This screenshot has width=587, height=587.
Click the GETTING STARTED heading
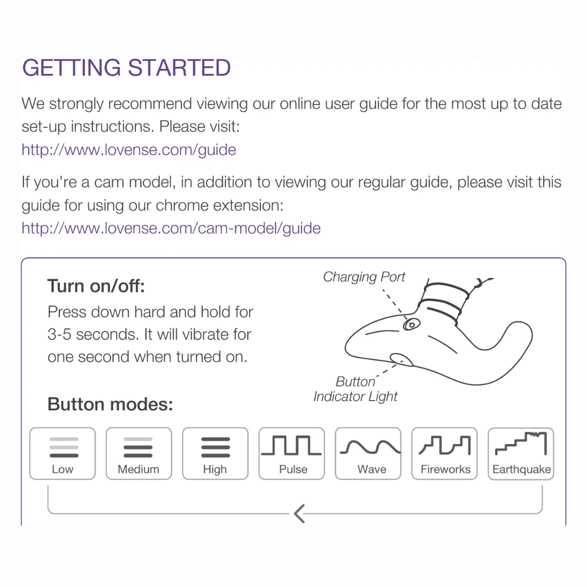pos(126,68)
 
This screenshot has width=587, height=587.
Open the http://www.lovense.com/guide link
pos(129,150)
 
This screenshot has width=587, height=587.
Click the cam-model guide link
pos(171,228)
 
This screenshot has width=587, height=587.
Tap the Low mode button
pos(63,453)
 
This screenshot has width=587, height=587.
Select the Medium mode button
pos(139,453)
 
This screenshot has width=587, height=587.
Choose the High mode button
pos(215,453)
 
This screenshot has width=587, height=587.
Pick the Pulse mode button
pos(292,453)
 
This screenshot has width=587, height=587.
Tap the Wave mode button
pos(368,453)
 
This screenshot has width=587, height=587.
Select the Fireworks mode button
pos(445,453)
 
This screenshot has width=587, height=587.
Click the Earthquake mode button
pos(521,453)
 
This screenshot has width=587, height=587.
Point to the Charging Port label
pos(364,277)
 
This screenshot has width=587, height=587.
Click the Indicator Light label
pos(355,396)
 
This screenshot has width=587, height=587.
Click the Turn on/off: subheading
pos(96,286)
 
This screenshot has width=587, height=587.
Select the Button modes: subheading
pos(110,404)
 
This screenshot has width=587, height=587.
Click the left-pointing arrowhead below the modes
pos(299,514)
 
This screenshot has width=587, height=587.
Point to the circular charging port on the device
pos(411,324)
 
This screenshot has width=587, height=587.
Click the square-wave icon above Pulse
pos(291,445)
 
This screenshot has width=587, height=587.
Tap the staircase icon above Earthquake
pos(521,444)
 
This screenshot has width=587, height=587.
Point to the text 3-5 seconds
pos(93,335)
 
